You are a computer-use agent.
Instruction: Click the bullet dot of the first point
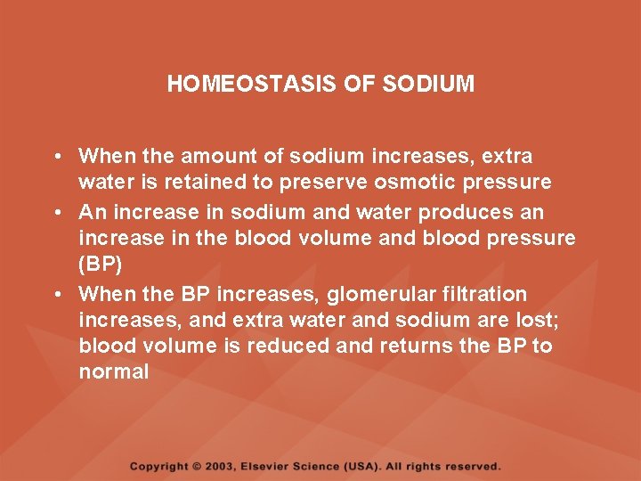tap(56, 157)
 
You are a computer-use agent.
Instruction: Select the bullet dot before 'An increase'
tap(56, 213)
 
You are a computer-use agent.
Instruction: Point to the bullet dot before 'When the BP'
tap(56, 295)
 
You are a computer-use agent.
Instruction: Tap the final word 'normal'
tap(114, 372)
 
